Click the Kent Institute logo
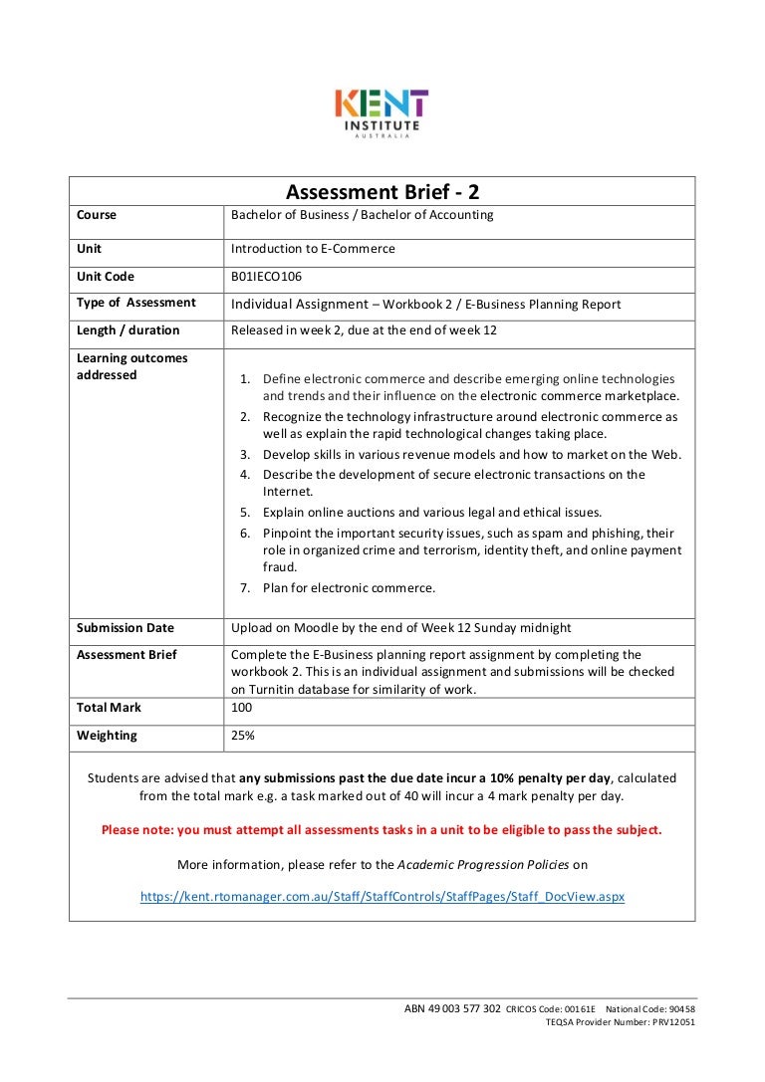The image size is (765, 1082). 382,113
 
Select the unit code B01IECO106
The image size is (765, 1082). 266,277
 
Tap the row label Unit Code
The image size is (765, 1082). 105,277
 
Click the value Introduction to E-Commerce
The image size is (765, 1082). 313,249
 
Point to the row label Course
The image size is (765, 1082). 97,215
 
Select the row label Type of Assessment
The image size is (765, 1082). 135,303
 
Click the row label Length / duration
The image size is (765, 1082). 127,330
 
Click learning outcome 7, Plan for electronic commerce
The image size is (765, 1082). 349,588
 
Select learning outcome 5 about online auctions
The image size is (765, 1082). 431,513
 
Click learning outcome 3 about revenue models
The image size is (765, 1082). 471,455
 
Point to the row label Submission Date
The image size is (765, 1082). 125,628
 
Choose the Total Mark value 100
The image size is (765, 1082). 242,708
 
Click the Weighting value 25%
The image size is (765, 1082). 243,736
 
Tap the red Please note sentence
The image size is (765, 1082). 382,829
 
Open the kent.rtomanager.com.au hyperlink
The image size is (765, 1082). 382,896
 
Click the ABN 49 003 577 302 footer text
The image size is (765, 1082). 452,1008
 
